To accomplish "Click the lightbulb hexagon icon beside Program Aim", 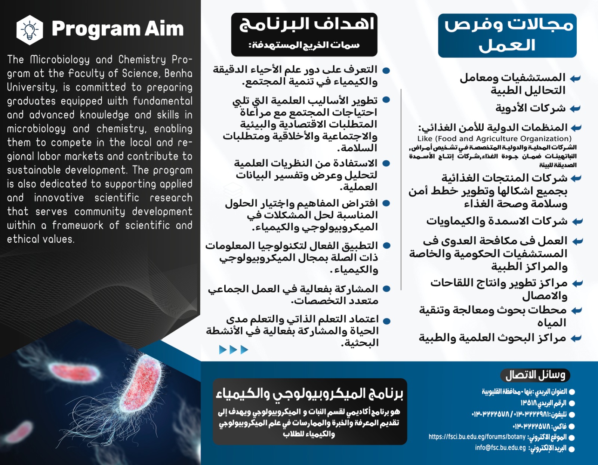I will point(30,30).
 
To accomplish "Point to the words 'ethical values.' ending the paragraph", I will point(41,239).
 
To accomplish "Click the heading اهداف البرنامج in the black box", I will point(306,24).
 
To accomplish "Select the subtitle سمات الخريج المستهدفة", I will point(304,45).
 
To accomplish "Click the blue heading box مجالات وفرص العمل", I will point(507,36).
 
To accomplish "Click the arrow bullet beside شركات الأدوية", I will point(575,109).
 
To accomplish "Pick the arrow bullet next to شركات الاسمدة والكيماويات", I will point(577,222).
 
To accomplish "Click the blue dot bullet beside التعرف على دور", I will point(386,70).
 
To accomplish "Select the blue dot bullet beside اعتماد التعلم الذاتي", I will point(387,321).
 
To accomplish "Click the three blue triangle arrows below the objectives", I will point(234,350).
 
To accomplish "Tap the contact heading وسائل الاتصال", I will point(535,375).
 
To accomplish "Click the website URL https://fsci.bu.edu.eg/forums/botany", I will point(477,437).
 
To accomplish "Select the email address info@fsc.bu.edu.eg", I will point(500,448).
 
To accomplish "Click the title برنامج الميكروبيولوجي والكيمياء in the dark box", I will point(309,393).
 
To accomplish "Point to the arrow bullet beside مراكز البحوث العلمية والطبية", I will point(576,338).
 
